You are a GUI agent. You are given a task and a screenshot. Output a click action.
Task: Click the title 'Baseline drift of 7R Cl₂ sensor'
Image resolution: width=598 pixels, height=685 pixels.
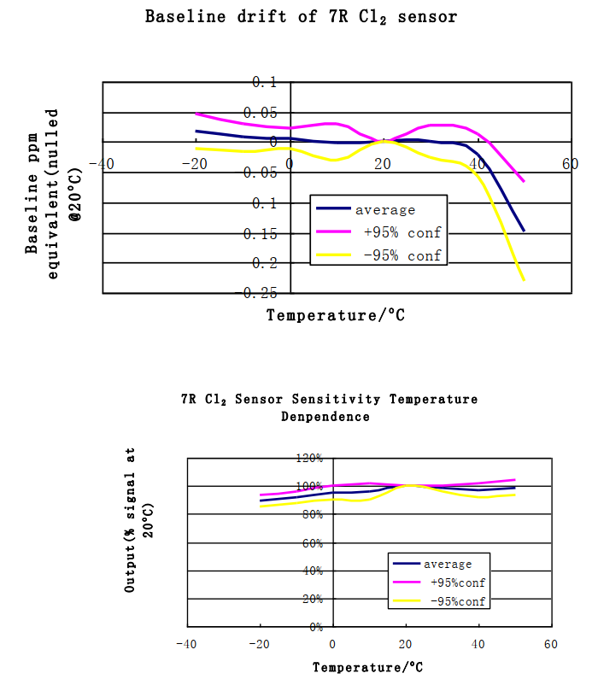click(300, 16)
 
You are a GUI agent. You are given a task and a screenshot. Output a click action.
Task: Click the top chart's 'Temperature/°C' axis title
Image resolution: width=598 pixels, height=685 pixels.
click(335, 314)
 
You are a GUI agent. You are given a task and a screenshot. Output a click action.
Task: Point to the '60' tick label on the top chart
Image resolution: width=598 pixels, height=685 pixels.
click(570, 165)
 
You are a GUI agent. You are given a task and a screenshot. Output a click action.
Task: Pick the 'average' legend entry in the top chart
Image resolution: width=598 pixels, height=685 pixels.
click(384, 209)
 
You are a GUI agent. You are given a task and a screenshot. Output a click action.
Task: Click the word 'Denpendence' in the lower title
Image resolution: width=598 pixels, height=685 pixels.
click(325, 417)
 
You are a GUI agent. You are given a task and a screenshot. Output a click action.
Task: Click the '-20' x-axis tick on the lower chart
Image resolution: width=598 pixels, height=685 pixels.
click(257, 644)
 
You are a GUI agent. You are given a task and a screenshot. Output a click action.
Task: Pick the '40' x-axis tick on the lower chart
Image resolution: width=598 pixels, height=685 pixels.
click(478, 644)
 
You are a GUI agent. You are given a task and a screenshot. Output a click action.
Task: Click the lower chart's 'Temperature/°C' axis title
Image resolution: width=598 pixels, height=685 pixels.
click(367, 667)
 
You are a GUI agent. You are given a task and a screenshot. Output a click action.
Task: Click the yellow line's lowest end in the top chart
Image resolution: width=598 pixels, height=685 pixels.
click(523, 280)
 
